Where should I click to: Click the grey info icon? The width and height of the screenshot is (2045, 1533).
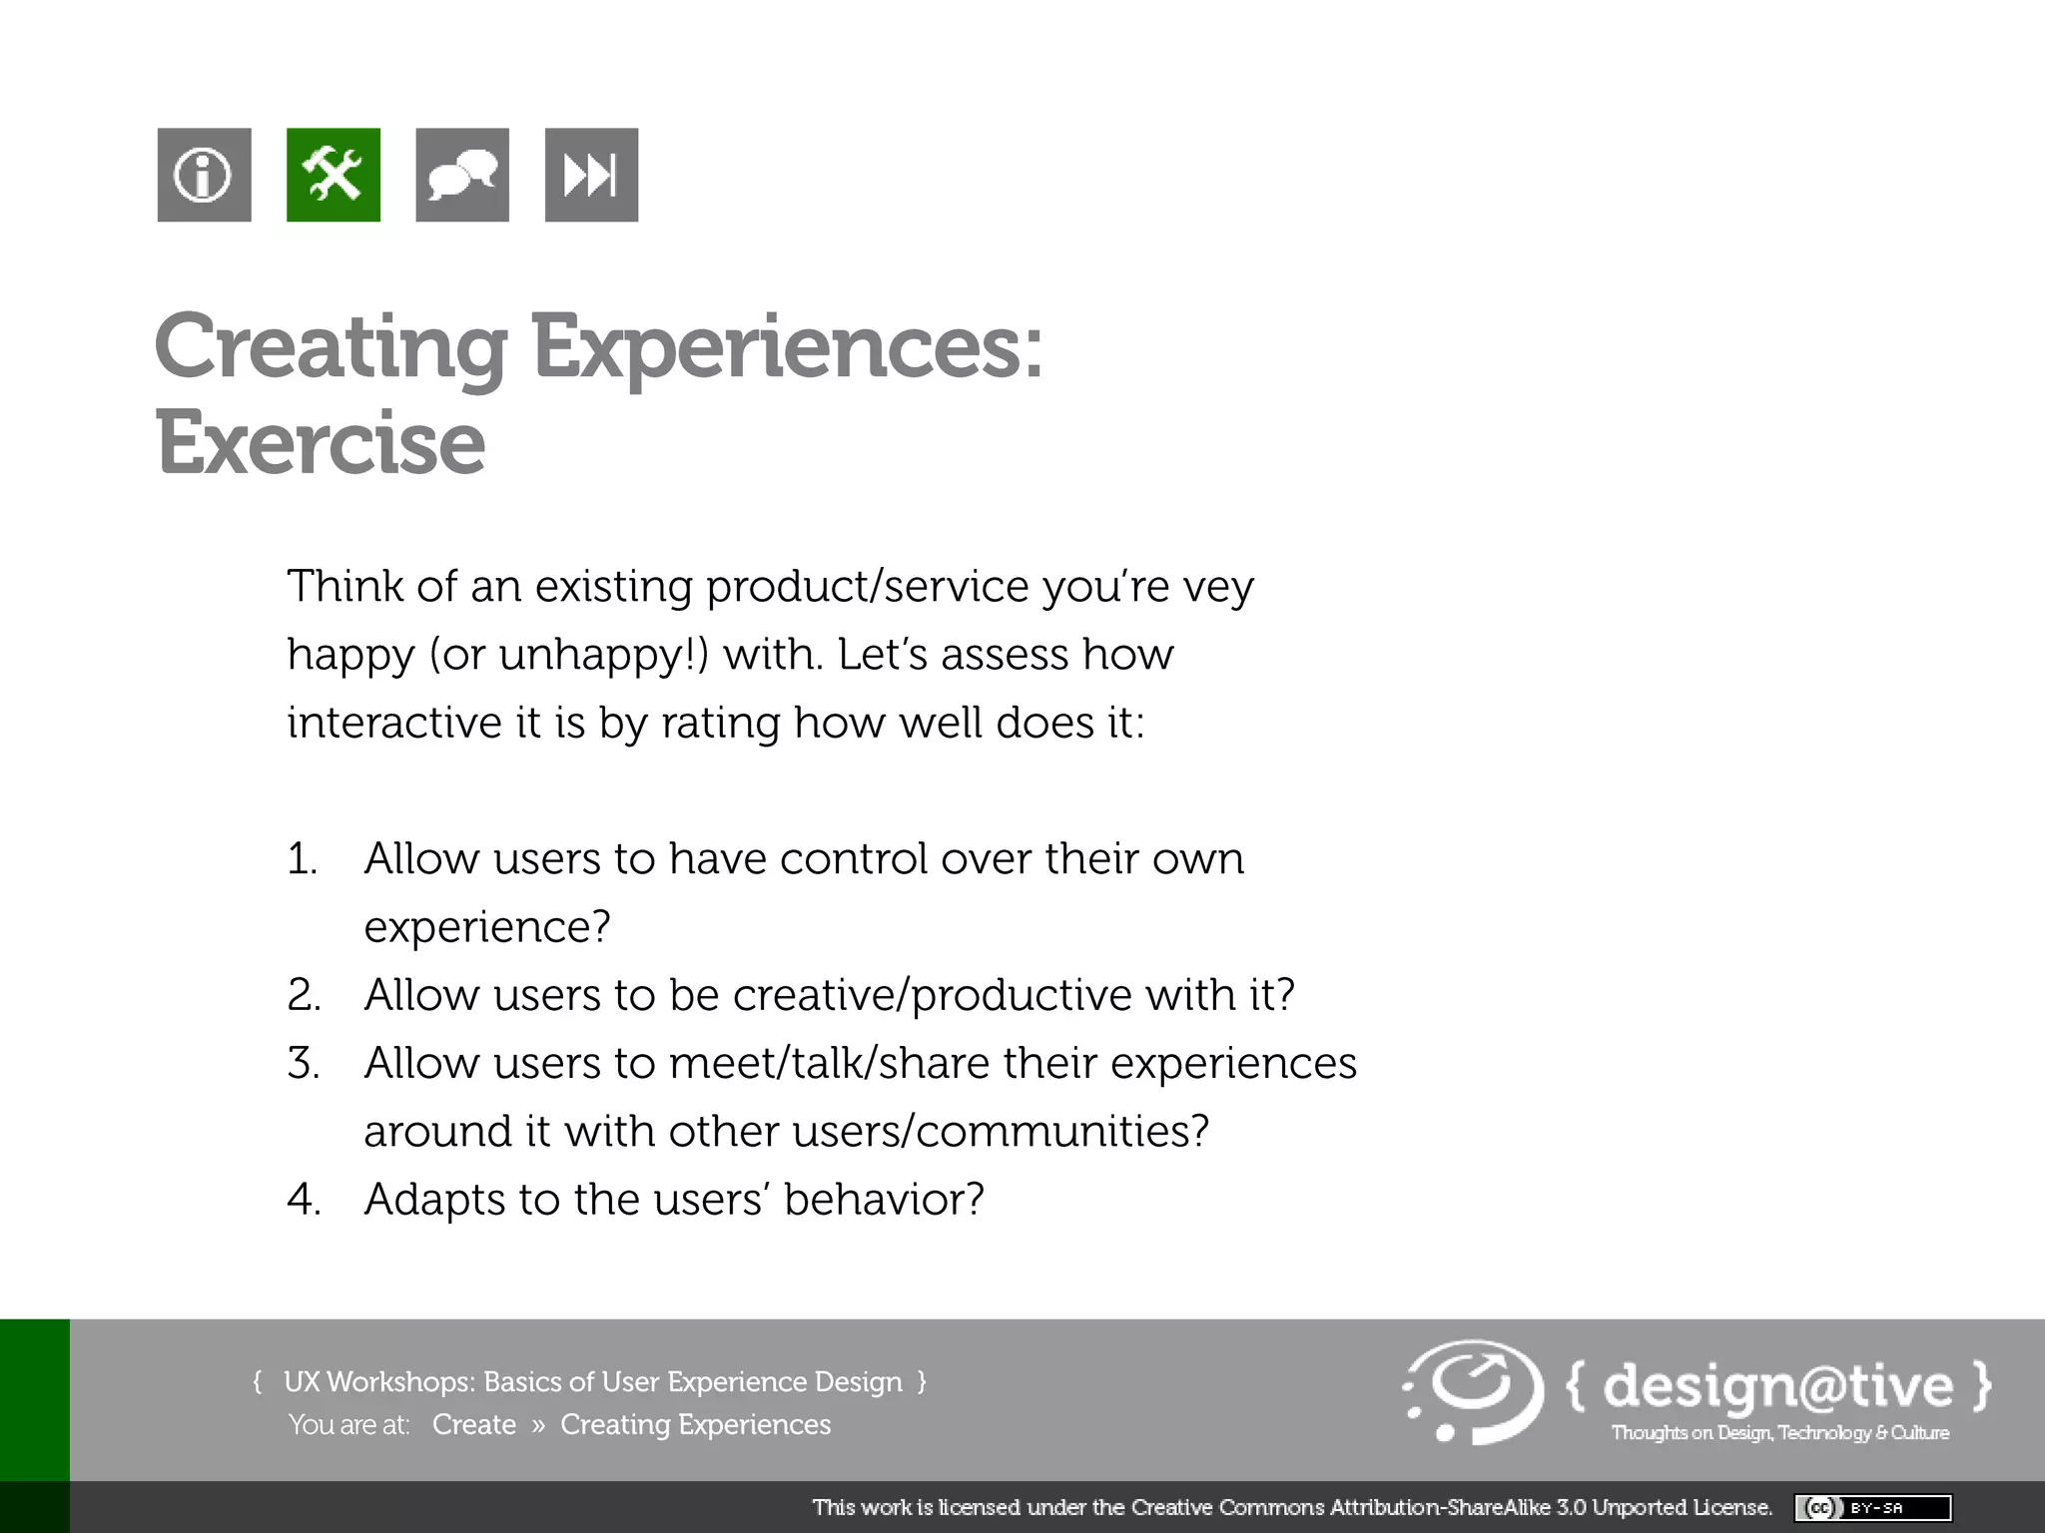pos(204,175)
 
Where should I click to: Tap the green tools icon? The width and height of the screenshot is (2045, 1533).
pos(333,175)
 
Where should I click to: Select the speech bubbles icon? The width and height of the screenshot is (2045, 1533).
pos(461,175)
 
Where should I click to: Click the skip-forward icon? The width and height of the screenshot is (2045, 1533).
pos(591,175)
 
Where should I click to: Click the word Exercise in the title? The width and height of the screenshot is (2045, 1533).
pos(321,443)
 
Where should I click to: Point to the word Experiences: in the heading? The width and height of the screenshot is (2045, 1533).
pos(787,347)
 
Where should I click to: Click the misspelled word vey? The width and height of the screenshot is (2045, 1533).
pos(1218,587)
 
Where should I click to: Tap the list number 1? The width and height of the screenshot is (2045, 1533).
pos(302,859)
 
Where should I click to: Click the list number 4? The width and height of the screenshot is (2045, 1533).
pos(304,1200)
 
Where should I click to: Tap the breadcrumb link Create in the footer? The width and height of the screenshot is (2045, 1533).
pos(473,1424)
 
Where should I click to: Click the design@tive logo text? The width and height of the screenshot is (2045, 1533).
pos(1777,1386)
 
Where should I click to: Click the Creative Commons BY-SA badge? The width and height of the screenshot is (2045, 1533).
pos(1872,1507)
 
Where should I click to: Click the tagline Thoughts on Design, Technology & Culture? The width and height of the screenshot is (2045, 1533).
pos(1779,1433)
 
